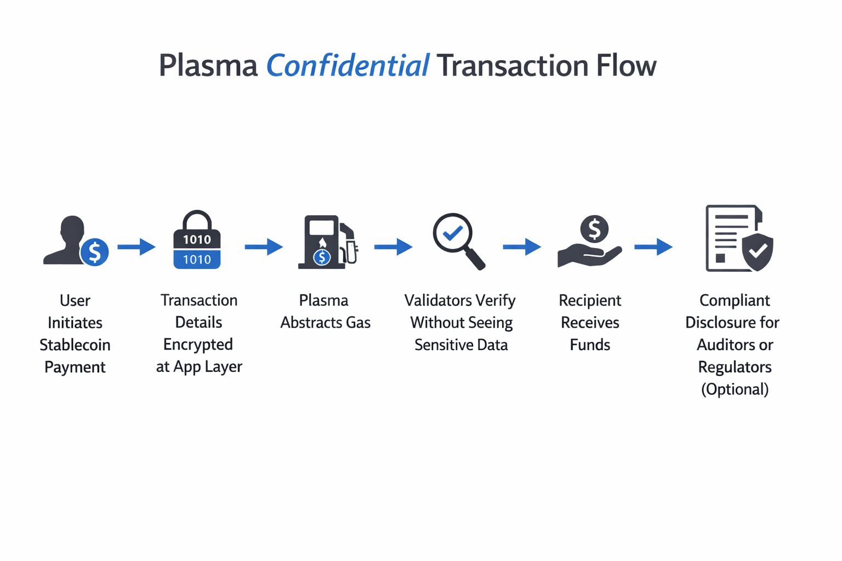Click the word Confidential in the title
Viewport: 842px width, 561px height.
point(348,66)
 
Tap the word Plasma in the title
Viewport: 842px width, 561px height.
point(208,66)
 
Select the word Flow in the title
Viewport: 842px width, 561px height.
point(626,66)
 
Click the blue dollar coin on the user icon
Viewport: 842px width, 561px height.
point(94,252)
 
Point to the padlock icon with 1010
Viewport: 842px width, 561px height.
point(197,241)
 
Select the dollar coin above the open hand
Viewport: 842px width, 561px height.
point(594,228)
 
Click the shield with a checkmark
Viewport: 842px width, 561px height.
point(758,251)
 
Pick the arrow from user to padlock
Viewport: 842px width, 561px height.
point(136,247)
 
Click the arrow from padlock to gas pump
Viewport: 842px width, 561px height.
point(264,247)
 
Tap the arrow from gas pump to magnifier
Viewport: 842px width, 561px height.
point(393,247)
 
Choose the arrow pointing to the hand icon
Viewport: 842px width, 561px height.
point(522,247)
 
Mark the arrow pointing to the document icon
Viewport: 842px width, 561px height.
point(653,247)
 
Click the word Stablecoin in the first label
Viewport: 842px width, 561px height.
point(75,345)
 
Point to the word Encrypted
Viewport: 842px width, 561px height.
point(198,345)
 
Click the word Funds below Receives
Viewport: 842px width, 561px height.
point(590,345)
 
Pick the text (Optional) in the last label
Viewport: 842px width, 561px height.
point(735,390)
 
